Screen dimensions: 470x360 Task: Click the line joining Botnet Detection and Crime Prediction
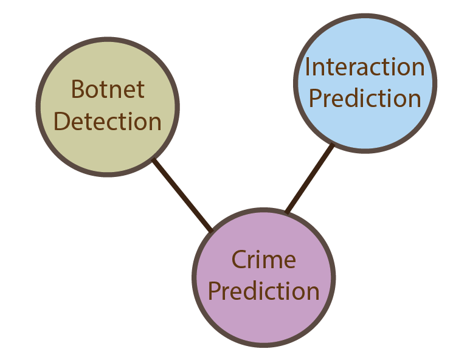(182, 196)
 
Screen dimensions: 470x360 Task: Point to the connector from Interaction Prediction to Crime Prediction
(309, 179)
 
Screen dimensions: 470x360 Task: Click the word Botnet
(108, 89)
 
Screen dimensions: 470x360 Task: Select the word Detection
(108, 122)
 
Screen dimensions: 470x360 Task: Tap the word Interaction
(365, 67)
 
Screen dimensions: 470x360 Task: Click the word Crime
(263, 260)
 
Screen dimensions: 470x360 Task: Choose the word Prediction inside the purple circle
(264, 291)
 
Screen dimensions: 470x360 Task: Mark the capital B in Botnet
(77, 90)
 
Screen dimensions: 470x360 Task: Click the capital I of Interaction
(308, 67)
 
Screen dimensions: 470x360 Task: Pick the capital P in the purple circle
(214, 291)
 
